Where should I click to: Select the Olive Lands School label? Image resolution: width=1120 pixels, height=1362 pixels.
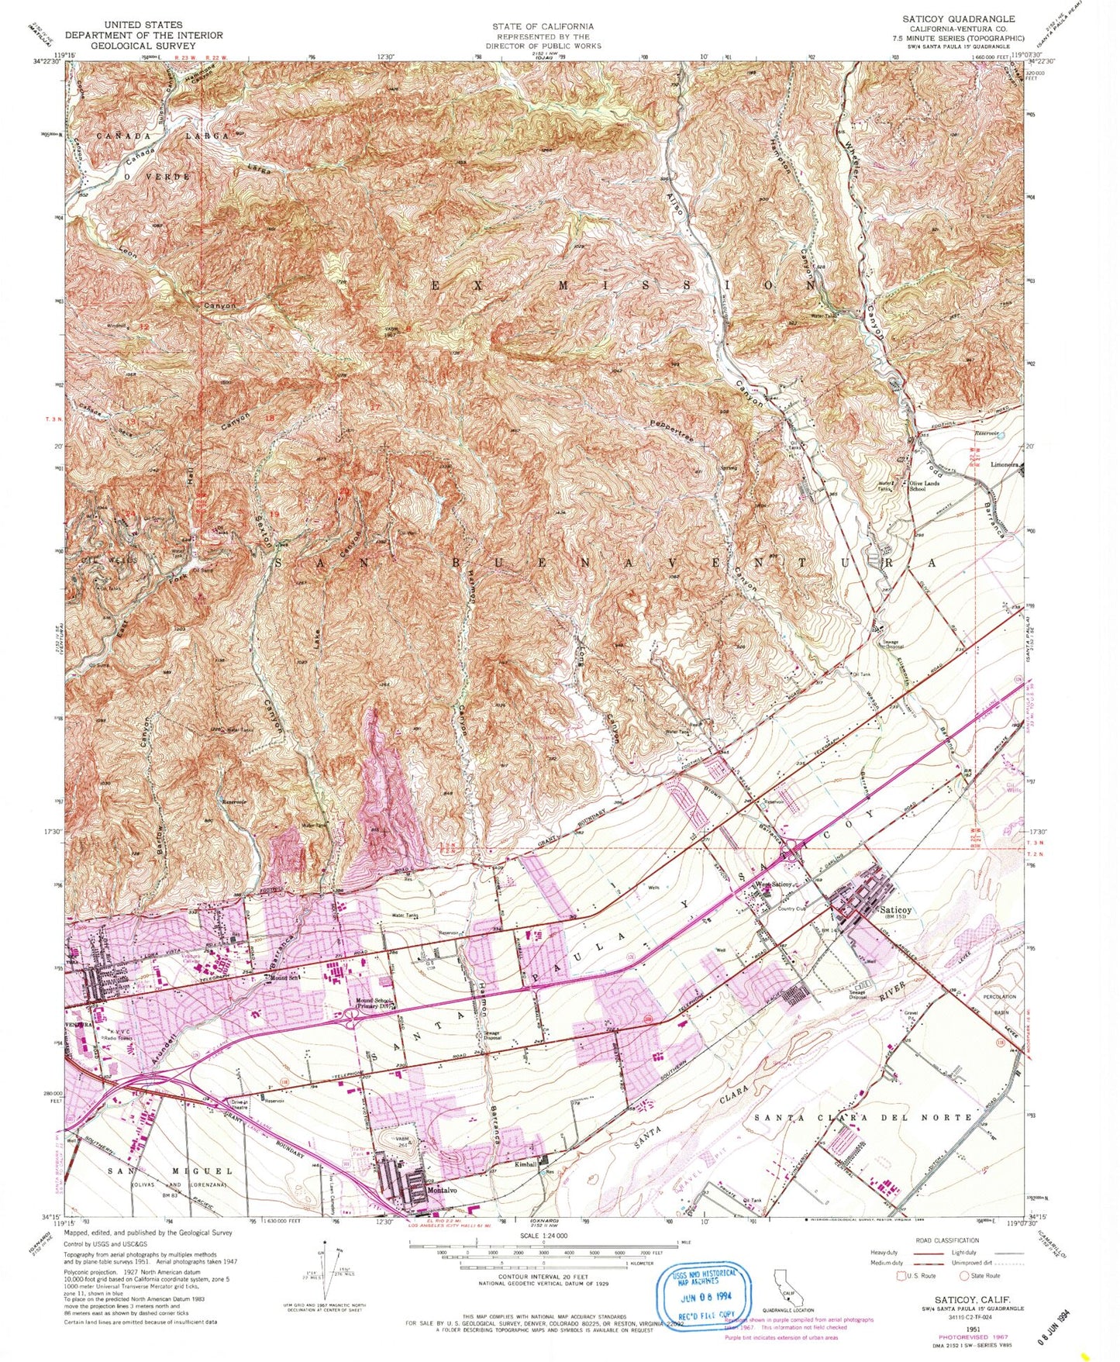click(928, 486)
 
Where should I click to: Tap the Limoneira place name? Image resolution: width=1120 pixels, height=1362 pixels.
click(1005, 465)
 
